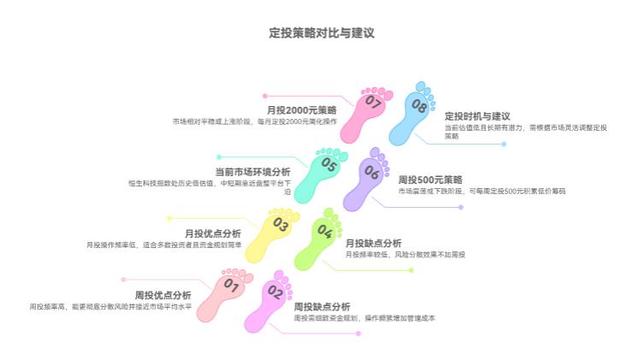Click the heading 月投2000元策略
tap(301, 110)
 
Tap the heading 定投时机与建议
tap(477, 116)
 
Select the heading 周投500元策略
tap(430, 180)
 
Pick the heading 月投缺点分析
tap(373, 243)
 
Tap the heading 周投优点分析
tap(163, 295)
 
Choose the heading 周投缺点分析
tap(322, 306)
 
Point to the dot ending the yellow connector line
tap(169, 218)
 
